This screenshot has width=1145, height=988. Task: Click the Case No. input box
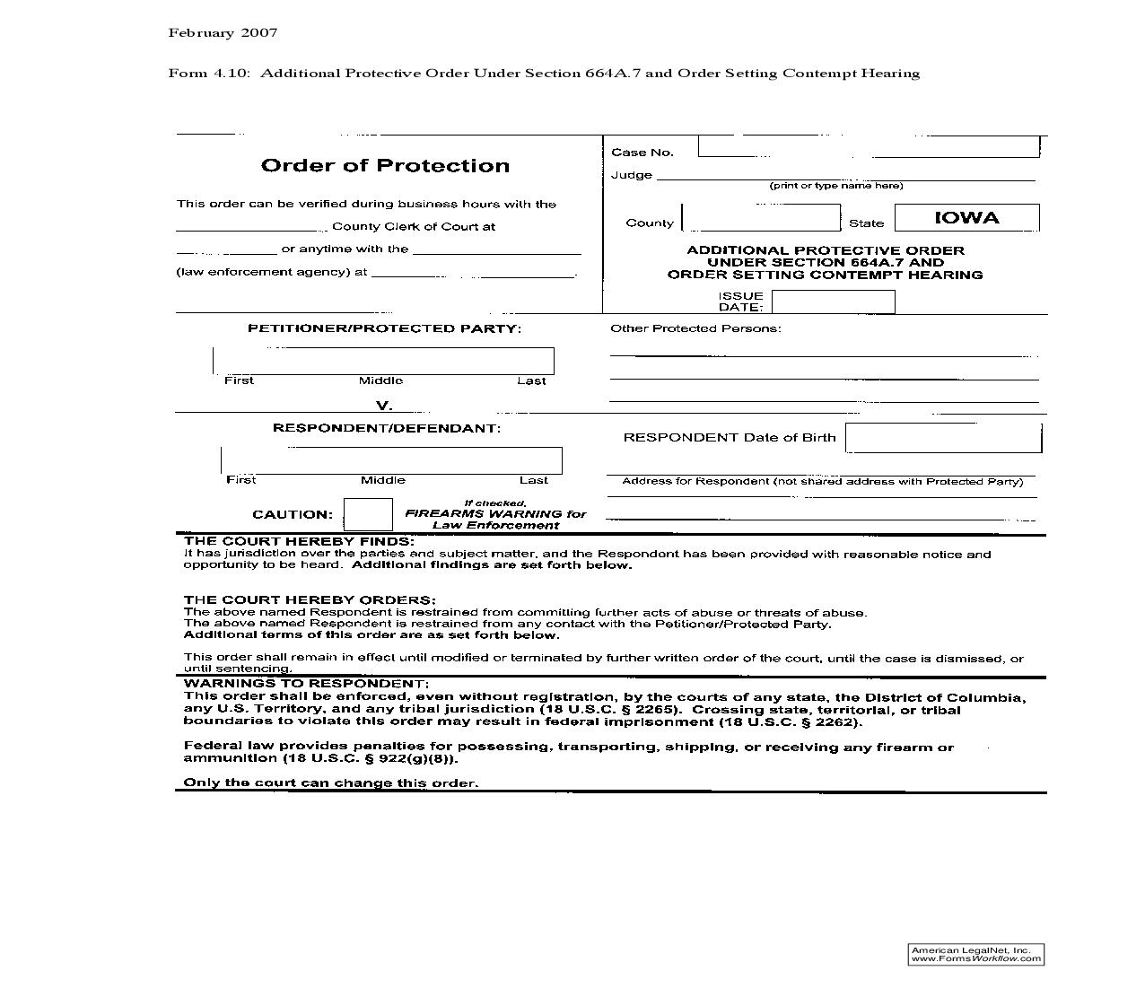868,147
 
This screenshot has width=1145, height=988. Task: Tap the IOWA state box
966,218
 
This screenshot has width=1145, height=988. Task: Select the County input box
761,218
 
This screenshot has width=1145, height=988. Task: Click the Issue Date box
833,302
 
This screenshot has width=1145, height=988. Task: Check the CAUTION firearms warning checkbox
368,514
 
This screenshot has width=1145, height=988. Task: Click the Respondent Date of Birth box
943,438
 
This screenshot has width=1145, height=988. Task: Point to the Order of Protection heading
385,166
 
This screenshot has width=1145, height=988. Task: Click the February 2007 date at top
223,33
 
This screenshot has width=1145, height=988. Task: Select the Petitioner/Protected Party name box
383,361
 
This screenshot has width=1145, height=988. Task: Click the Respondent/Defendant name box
391,460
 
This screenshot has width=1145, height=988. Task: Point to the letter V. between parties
384,406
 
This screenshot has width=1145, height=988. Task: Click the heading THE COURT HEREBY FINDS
299,541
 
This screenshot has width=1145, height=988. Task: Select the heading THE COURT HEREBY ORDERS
310,599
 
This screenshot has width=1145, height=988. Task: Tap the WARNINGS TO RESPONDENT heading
306,684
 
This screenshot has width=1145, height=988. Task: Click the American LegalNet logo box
975,954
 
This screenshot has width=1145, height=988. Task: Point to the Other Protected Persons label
695,328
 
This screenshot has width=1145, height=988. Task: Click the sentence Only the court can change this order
331,783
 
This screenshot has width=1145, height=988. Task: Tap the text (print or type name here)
835,186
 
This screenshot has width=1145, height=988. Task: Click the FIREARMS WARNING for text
495,514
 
